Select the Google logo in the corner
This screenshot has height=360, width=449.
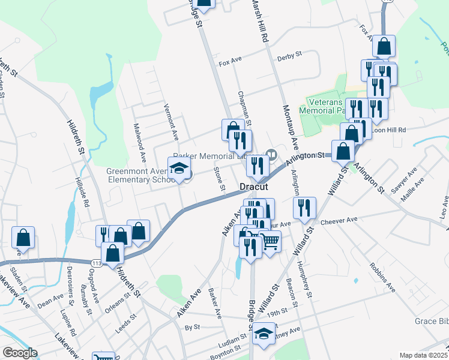tap(20, 353)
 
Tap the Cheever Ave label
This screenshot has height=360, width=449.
tap(339, 221)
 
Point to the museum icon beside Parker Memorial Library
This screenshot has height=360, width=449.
tap(271, 155)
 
